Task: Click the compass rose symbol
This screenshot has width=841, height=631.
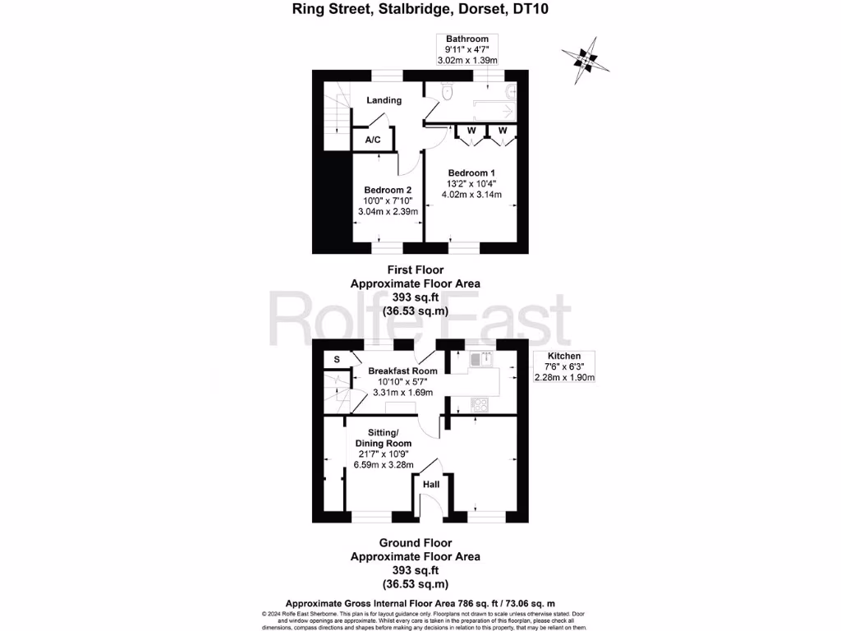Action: click(582, 58)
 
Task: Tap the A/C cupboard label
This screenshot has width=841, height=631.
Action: click(373, 140)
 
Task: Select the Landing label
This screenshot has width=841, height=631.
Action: click(384, 100)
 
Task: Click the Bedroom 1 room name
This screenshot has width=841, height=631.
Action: click(471, 173)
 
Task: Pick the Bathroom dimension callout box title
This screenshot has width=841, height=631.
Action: click(466, 39)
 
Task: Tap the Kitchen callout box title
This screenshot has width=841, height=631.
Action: click(563, 357)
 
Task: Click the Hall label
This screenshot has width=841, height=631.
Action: click(431, 485)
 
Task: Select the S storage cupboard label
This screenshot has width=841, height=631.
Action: click(337, 359)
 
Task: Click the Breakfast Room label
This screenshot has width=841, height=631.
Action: click(402, 371)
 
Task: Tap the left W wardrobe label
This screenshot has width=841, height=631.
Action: click(471, 131)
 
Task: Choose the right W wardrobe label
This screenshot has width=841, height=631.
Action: click(501, 131)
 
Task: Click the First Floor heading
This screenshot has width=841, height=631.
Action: click(415, 269)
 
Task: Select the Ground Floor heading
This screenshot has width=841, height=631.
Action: click(415, 543)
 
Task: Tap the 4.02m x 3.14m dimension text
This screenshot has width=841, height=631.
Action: click(471, 195)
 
